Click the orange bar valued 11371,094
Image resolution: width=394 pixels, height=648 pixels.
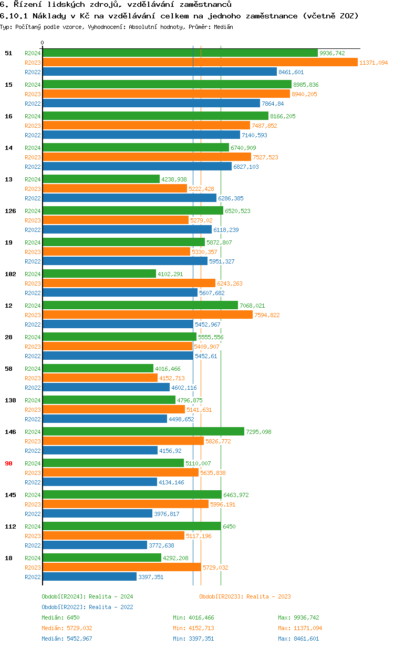[x=200, y=63]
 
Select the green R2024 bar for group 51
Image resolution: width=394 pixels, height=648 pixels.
[x=180, y=53]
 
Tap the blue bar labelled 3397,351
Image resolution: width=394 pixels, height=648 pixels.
[x=89, y=577]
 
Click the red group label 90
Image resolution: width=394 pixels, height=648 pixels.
[x=8, y=463]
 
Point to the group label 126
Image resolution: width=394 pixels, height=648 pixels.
[x=10, y=211]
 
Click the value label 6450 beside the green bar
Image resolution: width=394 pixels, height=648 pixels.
[x=229, y=526]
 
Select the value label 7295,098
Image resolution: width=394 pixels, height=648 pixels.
[x=259, y=432]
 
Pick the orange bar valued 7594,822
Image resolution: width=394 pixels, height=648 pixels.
[x=147, y=315]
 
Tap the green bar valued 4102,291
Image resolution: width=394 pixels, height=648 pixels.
[x=99, y=274]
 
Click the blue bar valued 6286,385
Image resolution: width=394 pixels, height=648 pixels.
[x=129, y=198]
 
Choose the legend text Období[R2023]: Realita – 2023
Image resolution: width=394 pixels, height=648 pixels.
[x=245, y=596]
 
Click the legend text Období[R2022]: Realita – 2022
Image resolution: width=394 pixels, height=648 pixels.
[x=87, y=607]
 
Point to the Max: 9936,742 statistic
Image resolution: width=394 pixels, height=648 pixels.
[x=298, y=617]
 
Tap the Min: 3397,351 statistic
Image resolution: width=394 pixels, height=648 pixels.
[x=193, y=639]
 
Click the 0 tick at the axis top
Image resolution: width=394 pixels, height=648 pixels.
[x=43, y=43]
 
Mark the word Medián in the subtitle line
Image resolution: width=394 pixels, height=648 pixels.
[x=223, y=26]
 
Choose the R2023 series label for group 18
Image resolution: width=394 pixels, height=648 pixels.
[x=33, y=568]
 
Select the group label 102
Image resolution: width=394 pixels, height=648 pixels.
[x=10, y=274]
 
